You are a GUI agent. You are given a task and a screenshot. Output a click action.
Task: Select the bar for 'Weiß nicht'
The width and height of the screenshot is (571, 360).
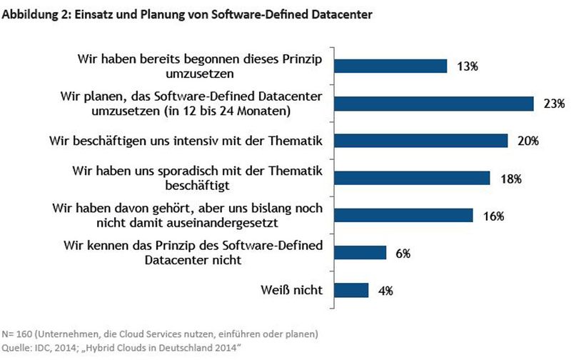pyautogui.click(x=351, y=290)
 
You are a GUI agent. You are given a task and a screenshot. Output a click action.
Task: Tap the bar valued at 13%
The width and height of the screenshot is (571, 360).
pyautogui.click(x=390, y=66)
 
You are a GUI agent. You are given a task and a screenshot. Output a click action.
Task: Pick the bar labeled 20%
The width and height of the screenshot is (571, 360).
pyautogui.click(x=420, y=141)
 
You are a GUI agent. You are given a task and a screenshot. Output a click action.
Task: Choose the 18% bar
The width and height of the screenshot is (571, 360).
pyautogui.click(x=412, y=178)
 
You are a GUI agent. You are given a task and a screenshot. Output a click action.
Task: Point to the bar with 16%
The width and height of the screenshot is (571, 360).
pyautogui.click(x=403, y=215)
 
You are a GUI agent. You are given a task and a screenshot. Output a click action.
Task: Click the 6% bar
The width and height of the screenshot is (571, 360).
pyautogui.click(x=360, y=252)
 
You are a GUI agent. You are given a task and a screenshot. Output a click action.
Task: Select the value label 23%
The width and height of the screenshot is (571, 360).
pyautogui.click(x=552, y=104)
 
